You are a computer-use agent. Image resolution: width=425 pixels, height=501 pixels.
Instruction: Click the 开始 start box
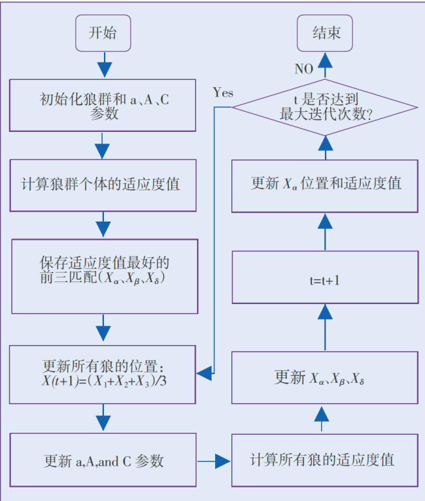tap(103, 32)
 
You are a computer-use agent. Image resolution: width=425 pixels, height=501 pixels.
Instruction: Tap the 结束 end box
tap(326, 32)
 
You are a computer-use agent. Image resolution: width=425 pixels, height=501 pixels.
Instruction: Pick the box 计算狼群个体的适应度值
tap(103, 184)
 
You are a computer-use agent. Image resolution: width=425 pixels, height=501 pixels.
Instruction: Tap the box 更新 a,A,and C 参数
tap(103, 460)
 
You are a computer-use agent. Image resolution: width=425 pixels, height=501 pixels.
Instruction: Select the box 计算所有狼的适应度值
tap(324, 460)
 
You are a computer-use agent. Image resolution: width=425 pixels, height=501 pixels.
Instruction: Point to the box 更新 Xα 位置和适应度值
tap(324, 184)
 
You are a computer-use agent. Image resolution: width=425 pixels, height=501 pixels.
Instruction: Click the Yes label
tap(223, 92)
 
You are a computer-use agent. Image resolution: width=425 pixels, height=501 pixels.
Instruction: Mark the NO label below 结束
tap(303, 68)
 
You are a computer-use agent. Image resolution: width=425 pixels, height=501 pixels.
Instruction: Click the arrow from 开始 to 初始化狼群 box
tap(103, 65)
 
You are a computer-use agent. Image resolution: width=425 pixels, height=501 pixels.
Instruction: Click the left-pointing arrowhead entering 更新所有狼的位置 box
tap(206, 373)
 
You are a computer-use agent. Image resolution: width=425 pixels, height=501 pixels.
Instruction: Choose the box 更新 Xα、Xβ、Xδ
tap(324, 377)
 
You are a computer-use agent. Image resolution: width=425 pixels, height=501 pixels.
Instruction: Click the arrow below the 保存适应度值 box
tap(103, 327)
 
